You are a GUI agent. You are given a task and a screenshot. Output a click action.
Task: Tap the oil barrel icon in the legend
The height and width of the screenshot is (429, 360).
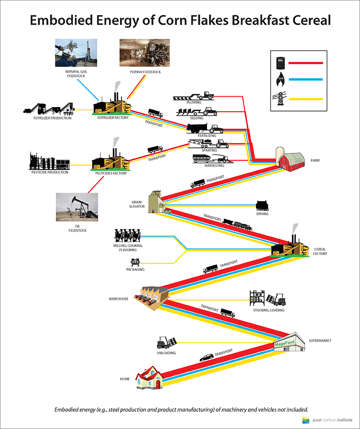tap(281, 63)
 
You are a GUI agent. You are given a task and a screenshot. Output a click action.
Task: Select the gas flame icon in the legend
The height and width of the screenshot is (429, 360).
tap(281, 79)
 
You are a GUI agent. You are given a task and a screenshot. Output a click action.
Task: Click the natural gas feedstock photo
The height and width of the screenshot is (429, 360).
tap(76, 53)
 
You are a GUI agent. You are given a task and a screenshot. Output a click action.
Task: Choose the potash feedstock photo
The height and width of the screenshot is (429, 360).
tap(144, 53)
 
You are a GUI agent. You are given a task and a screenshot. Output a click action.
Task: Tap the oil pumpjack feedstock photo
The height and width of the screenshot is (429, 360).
tap(77, 207)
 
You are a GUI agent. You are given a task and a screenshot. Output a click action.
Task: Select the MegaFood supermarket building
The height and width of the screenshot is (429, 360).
tap(290, 343)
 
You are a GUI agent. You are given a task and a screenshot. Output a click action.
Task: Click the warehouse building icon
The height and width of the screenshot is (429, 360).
tap(151, 298)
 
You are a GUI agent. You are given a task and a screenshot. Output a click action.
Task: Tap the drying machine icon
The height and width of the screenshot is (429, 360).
tap(262, 206)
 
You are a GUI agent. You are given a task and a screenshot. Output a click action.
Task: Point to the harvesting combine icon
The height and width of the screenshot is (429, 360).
tap(213, 159)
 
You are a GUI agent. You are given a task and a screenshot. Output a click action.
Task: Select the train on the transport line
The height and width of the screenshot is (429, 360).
tap(237, 224)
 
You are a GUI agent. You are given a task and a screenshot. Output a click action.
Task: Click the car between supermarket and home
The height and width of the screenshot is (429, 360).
tap(207, 357)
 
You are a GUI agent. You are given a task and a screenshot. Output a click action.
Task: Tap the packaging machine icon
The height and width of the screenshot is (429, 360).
tap(135, 262)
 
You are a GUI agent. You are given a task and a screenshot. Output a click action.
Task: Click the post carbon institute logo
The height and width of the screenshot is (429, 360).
tap(327, 420)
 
